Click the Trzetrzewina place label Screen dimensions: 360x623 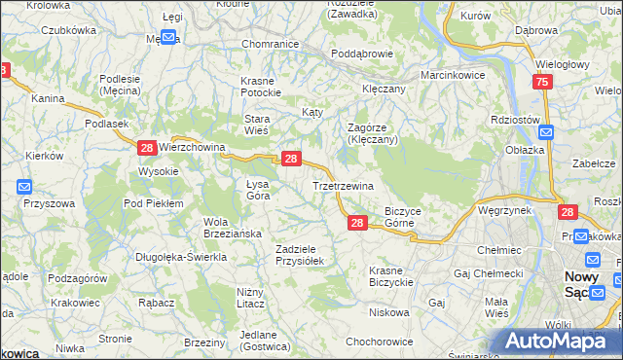click(x=343, y=185)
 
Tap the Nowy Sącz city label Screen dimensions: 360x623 click(x=588, y=285)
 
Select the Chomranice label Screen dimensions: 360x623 click(x=269, y=44)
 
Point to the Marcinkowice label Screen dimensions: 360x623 click(x=453, y=75)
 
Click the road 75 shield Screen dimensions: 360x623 click(x=543, y=84)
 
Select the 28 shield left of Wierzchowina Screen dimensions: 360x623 click(x=146, y=148)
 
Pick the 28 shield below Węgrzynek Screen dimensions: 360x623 click(x=568, y=212)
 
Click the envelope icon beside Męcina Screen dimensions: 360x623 click(x=168, y=38)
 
